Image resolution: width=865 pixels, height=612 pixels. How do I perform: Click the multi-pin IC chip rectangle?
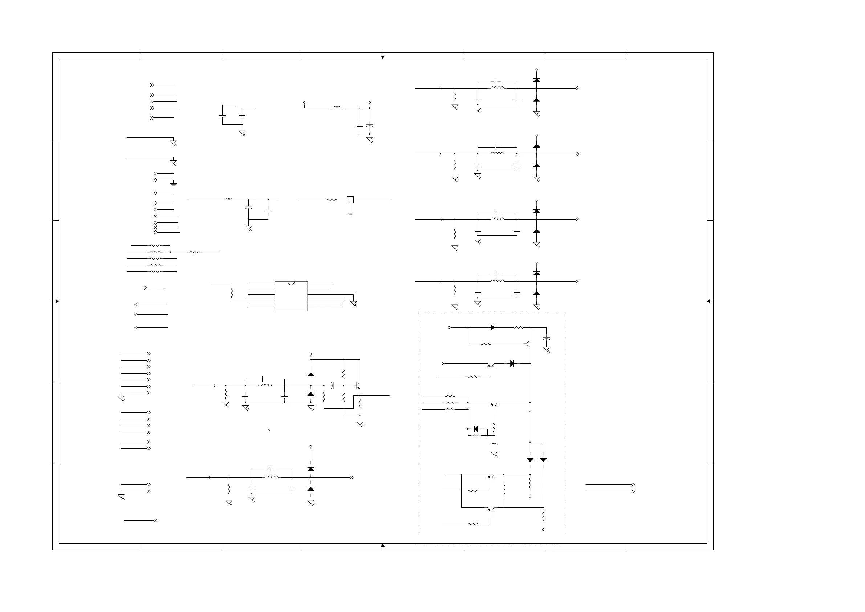[x=291, y=297]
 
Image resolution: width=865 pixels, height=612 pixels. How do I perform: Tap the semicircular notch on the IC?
[x=291, y=283]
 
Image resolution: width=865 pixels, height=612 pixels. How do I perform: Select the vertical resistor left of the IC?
[x=232, y=293]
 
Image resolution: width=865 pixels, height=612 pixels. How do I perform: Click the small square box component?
[x=350, y=200]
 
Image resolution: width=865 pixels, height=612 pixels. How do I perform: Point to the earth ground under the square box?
[x=350, y=214]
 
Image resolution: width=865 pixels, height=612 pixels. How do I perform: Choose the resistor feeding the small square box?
[x=332, y=200]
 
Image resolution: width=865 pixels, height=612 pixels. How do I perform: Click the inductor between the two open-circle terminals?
[x=337, y=108]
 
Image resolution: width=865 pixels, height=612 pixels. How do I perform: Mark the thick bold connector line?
[x=163, y=118]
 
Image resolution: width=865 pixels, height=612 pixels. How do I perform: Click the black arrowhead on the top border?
[x=383, y=57]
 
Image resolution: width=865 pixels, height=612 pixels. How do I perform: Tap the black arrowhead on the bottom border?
[x=383, y=545]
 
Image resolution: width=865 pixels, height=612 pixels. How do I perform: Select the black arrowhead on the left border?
[x=57, y=301]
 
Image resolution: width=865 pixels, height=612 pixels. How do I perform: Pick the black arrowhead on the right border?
[x=708, y=301]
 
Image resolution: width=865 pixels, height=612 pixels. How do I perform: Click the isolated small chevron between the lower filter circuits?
[x=269, y=431]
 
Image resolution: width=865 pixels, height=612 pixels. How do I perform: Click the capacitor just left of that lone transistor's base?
[x=333, y=386]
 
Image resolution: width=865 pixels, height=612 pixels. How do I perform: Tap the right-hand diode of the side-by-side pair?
[x=543, y=460]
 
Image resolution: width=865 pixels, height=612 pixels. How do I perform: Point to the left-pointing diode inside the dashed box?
[x=476, y=429]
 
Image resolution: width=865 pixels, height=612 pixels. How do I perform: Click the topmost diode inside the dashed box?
[x=492, y=328]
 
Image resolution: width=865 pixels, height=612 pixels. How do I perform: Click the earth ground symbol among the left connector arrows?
[x=173, y=184]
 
